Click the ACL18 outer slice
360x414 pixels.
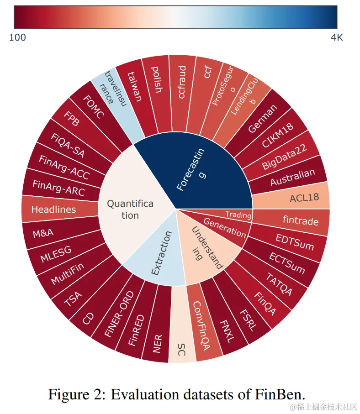coord(304,198)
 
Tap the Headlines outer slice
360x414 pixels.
coord(53,210)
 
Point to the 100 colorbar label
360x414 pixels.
coord(17,37)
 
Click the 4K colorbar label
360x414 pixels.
coord(337,37)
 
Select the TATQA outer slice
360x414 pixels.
coord(278,282)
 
